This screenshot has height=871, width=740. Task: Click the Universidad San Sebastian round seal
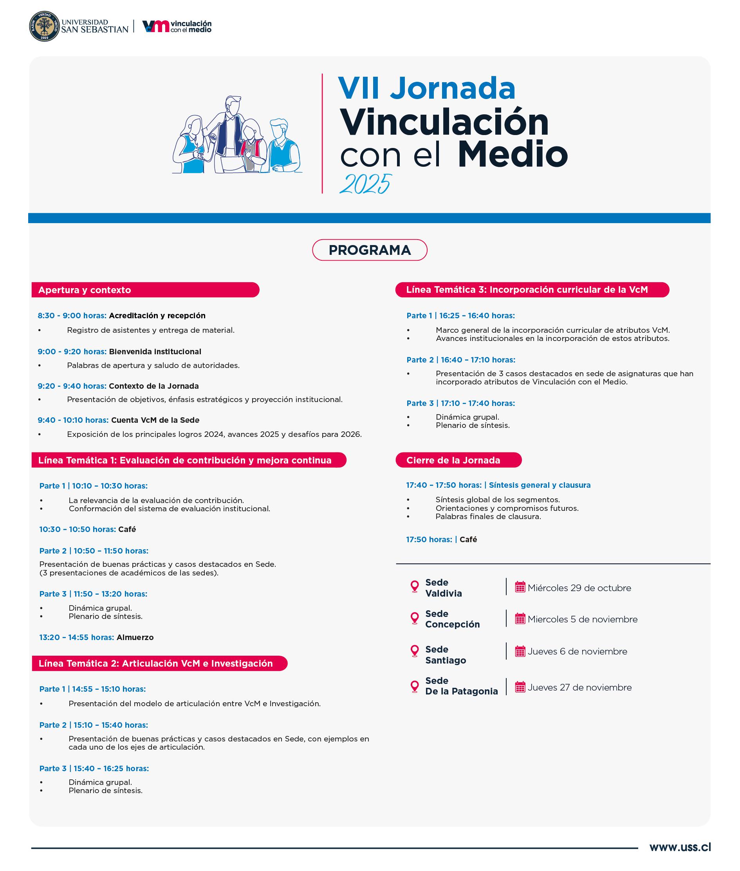[x=44, y=26]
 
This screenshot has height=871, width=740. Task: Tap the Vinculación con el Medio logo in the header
[x=177, y=26]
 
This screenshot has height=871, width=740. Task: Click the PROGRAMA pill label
[x=370, y=250]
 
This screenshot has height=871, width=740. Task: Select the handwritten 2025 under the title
[x=365, y=184]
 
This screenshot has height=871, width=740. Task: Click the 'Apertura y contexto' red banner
[x=145, y=290]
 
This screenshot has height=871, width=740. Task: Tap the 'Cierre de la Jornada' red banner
[x=458, y=460]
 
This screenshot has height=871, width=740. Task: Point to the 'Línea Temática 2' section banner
[x=159, y=663]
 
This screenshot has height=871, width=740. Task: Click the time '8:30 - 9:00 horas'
[x=72, y=316]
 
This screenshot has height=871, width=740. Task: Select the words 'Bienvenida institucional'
[x=155, y=352]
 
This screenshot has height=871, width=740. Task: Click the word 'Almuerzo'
[x=135, y=637]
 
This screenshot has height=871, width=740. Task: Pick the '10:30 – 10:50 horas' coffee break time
[x=77, y=529]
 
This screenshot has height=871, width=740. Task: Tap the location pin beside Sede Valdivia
[x=415, y=587]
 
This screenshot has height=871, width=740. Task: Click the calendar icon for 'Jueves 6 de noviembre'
[x=520, y=651]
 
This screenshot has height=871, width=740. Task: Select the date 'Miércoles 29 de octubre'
[x=579, y=588]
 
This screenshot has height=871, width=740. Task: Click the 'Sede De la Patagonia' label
[x=462, y=686]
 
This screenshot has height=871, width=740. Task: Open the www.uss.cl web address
[x=680, y=847]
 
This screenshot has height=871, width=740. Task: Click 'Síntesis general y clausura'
[x=540, y=485]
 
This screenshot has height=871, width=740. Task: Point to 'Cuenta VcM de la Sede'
[x=155, y=420]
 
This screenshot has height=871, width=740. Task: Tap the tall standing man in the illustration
[x=230, y=130]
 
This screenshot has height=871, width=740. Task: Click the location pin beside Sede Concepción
[x=415, y=619]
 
